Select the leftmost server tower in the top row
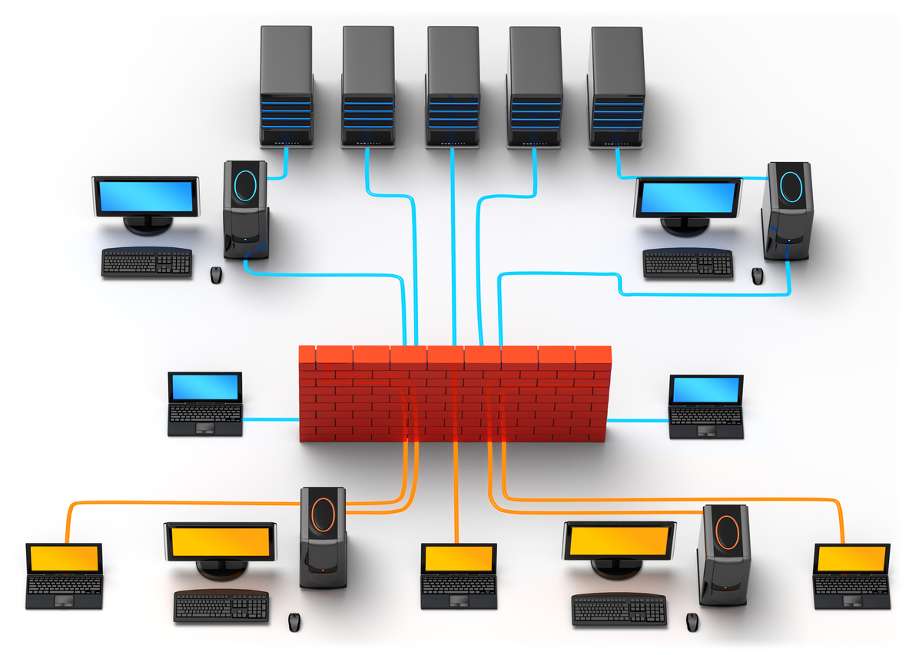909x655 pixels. pyautogui.click(x=286, y=86)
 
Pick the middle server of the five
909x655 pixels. pyautogui.click(x=453, y=86)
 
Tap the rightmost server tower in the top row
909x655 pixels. pyautogui.click(x=616, y=86)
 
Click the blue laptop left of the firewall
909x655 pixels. pyautogui.click(x=205, y=404)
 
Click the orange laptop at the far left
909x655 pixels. pyautogui.click(x=64, y=576)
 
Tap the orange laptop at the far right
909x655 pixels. pyautogui.click(x=851, y=576)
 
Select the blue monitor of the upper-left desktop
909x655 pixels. pyautogui.click(x=146, y=196)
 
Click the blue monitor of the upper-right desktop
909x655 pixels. pyautogui.click(x=688, y=197)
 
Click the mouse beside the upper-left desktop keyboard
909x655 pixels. pyautogui.click(x=217, y=274)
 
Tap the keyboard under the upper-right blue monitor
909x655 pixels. pyautogui.click(x=688, y=263)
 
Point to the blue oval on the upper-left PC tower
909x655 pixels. pyautogui.click(x=246, y=184)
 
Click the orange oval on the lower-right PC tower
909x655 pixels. pyautogui.click(x=726, y=531)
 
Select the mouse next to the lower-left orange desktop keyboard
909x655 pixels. pyautogui.click(x=294, y=621)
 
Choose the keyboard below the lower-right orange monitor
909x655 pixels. pyautogui.click(x=619, y=610)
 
